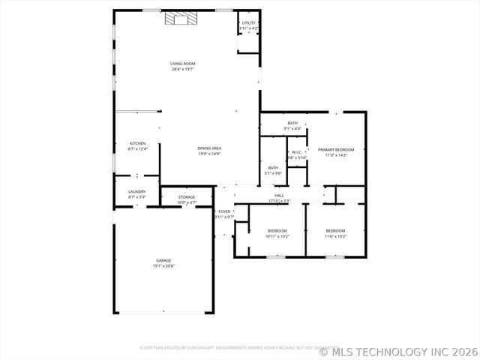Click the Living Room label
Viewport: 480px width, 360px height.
coord(182,64)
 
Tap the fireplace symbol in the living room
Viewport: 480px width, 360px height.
coord(179,19)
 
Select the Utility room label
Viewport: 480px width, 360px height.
coord(249,23)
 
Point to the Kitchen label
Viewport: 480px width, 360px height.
coord(137,143)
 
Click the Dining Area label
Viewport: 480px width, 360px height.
coord(209,148)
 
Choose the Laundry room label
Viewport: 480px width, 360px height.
coord(136,191)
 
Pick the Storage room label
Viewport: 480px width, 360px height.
coord(187,197)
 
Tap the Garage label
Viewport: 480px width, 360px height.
coord(163,260)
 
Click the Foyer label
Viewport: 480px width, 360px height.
coord(224,212)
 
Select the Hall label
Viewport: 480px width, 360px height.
coord(279,196)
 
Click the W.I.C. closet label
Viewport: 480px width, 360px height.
coord(297,152)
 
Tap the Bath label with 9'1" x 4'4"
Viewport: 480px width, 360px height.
coord(292,123)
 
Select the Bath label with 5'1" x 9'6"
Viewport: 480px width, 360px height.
coord(273,168)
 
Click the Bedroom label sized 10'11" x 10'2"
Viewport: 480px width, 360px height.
coord(277,230)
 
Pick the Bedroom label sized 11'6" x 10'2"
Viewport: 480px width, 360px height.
coord(335,230)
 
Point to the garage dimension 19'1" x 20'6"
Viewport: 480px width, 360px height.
coord(163,265)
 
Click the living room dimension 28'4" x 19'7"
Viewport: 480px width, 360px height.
coord(182,69)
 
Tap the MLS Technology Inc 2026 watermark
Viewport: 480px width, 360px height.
coord(398,351)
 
